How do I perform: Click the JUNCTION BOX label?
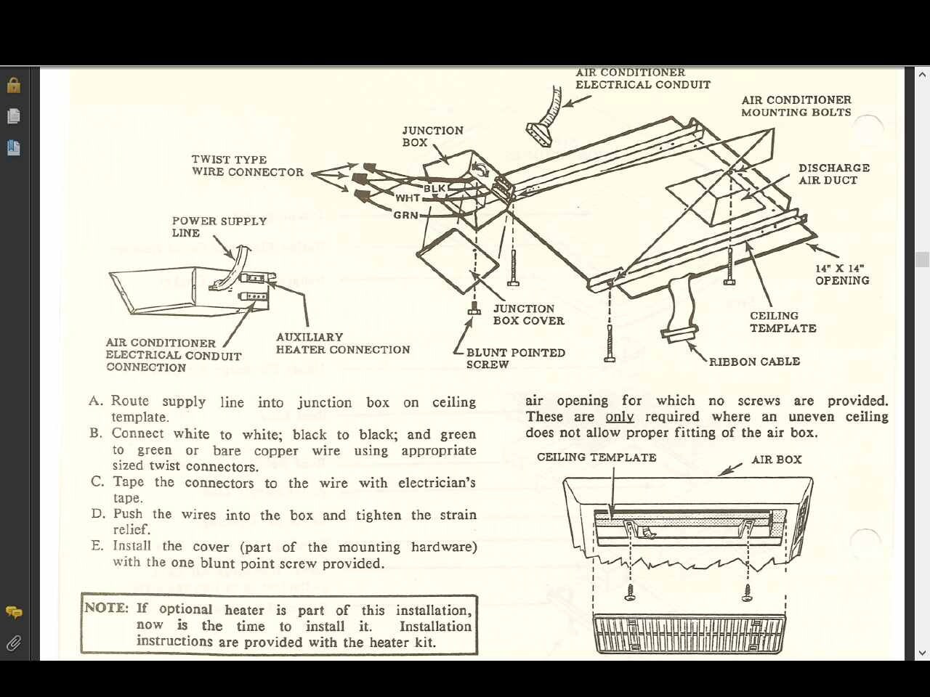pos(432,136)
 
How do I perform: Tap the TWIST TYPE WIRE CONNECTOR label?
pos(247,166)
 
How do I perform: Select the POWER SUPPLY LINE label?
pos(219,227)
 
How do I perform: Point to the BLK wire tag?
pos(434,189)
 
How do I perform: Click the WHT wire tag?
pos(408,198)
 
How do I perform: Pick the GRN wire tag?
pos(405,215)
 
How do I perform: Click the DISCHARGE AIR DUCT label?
pos(833,174)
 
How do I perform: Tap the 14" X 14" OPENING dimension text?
pos(841,274)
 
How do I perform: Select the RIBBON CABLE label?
pos(754,362)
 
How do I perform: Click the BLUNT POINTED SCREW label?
pos(515,359)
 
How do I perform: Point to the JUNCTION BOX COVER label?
pos(528,314)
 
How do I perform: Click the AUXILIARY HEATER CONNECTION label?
pos(342,343)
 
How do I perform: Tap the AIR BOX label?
pos(776,460)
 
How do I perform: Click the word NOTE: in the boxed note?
pos(106,608)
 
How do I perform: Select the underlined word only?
pos(619,417)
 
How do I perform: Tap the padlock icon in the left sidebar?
pos(13,85)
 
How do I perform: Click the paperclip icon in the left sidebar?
pos(13,643)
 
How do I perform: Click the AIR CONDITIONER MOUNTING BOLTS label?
pos(796,106)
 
